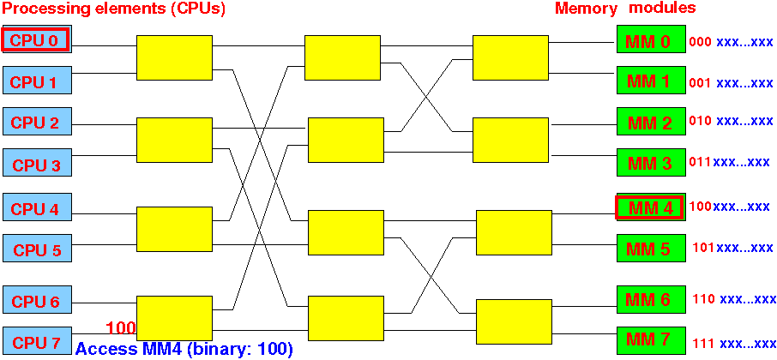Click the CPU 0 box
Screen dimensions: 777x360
point(38,39)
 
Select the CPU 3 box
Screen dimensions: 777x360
point(38,162)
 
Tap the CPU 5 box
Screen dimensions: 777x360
point(38,248)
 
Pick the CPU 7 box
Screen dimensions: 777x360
point(38,340)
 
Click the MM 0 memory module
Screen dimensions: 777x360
point(651,39)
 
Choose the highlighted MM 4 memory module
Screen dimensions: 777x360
point(651,207)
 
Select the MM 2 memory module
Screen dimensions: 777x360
point(651,121)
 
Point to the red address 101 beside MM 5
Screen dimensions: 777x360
point(704,247)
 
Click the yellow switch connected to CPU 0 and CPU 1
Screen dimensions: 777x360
point(174,57)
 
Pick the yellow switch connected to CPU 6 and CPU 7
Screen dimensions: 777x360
point(174,318)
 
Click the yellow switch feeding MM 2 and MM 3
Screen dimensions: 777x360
point(511,140)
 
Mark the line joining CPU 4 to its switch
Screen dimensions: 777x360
point(105,214)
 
